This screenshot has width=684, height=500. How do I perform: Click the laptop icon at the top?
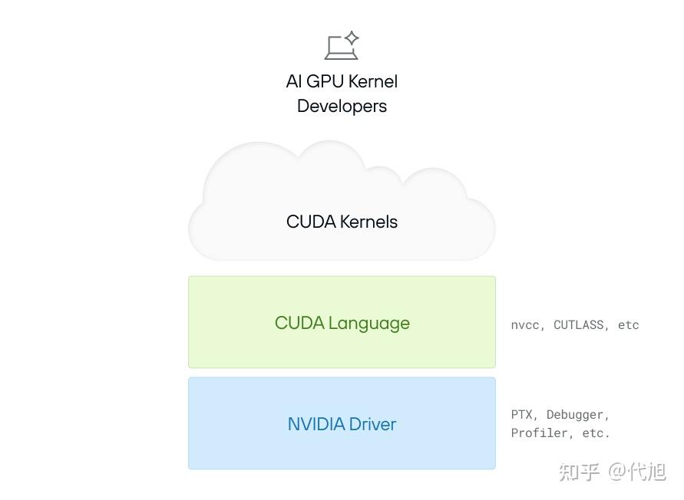click(x=341, y=45)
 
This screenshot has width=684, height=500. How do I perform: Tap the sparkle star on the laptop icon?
click(x=352, y=38)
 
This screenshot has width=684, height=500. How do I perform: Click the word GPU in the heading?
click(x=325, y=81)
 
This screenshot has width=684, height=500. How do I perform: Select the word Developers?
click(x=342, y=107)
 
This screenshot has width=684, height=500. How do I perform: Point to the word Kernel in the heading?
click(x=373, y=81)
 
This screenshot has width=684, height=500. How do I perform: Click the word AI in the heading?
click(x=293, y=81)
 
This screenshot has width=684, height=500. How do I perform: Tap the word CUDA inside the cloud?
click(x=311, y=222)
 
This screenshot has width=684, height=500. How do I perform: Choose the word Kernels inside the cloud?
click(x=369, y=222)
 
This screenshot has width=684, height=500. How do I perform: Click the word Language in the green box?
click(x=369, y=324)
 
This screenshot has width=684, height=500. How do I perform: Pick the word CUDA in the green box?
click(x=299, y=323)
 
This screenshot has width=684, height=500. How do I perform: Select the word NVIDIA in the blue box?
click(x=316, y=424)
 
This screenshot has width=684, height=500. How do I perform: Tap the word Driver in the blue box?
click(x=372, y=424)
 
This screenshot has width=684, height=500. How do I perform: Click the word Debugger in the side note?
click(x=577, y=415)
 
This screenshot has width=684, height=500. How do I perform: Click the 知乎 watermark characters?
click(x=580, y=472)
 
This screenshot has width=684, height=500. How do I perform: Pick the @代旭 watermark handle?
click(x=637, y=472)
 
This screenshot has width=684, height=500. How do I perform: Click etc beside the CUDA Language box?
click(x=628, y=325)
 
